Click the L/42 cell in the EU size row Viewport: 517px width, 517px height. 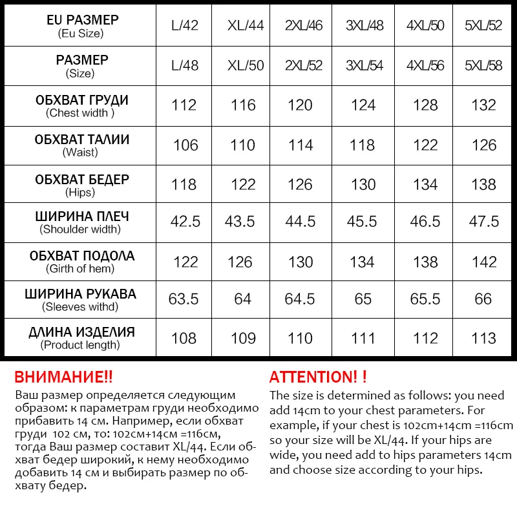[x=185, y=26]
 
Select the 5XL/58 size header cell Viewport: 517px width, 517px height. [x=483, y=65]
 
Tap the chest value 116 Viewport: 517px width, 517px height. [x=243, y=105]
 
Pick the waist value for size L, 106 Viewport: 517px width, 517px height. [x=185, y=145]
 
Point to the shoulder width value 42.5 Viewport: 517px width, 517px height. [x=185, y=222]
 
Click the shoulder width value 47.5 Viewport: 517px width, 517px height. [x=484, y=222]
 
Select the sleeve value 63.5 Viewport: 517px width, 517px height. [x=184, y=299]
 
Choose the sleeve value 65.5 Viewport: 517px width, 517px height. [x=425, y=299]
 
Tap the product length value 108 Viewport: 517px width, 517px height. [x=184, y=338]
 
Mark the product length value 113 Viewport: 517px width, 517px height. [x=484, y=338]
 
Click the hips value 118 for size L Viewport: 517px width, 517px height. [x=184, y=184]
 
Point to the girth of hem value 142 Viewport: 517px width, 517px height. [x=484, y=262]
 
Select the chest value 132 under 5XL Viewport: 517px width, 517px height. [x=484, y=105]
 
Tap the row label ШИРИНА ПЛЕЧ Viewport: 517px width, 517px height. [x=82, y=216]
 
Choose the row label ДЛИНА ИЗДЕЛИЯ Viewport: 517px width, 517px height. [x=82, y=332]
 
